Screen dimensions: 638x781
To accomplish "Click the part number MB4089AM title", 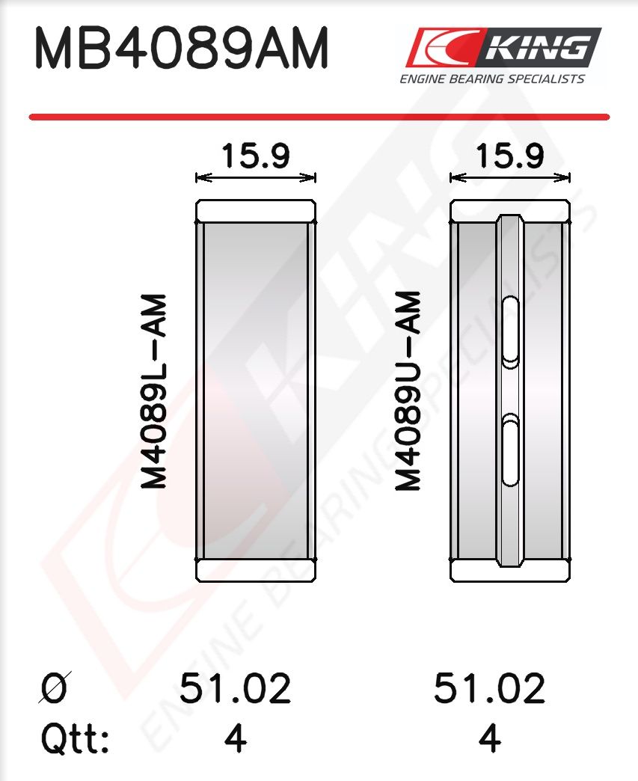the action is click(181, 49).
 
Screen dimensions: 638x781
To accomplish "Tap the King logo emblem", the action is click(503, 47).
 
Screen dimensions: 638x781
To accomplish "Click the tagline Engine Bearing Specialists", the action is click(492, 79).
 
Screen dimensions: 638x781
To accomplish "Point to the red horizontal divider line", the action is click(319, 117).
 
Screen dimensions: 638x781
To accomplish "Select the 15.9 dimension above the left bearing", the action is click(256, 156).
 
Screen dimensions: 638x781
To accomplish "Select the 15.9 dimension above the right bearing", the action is click(509, 156).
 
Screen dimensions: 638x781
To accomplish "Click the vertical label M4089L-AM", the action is click(154, 391).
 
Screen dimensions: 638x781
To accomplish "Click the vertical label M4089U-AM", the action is click(408, 390).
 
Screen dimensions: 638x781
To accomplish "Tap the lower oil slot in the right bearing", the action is click(510, 450).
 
